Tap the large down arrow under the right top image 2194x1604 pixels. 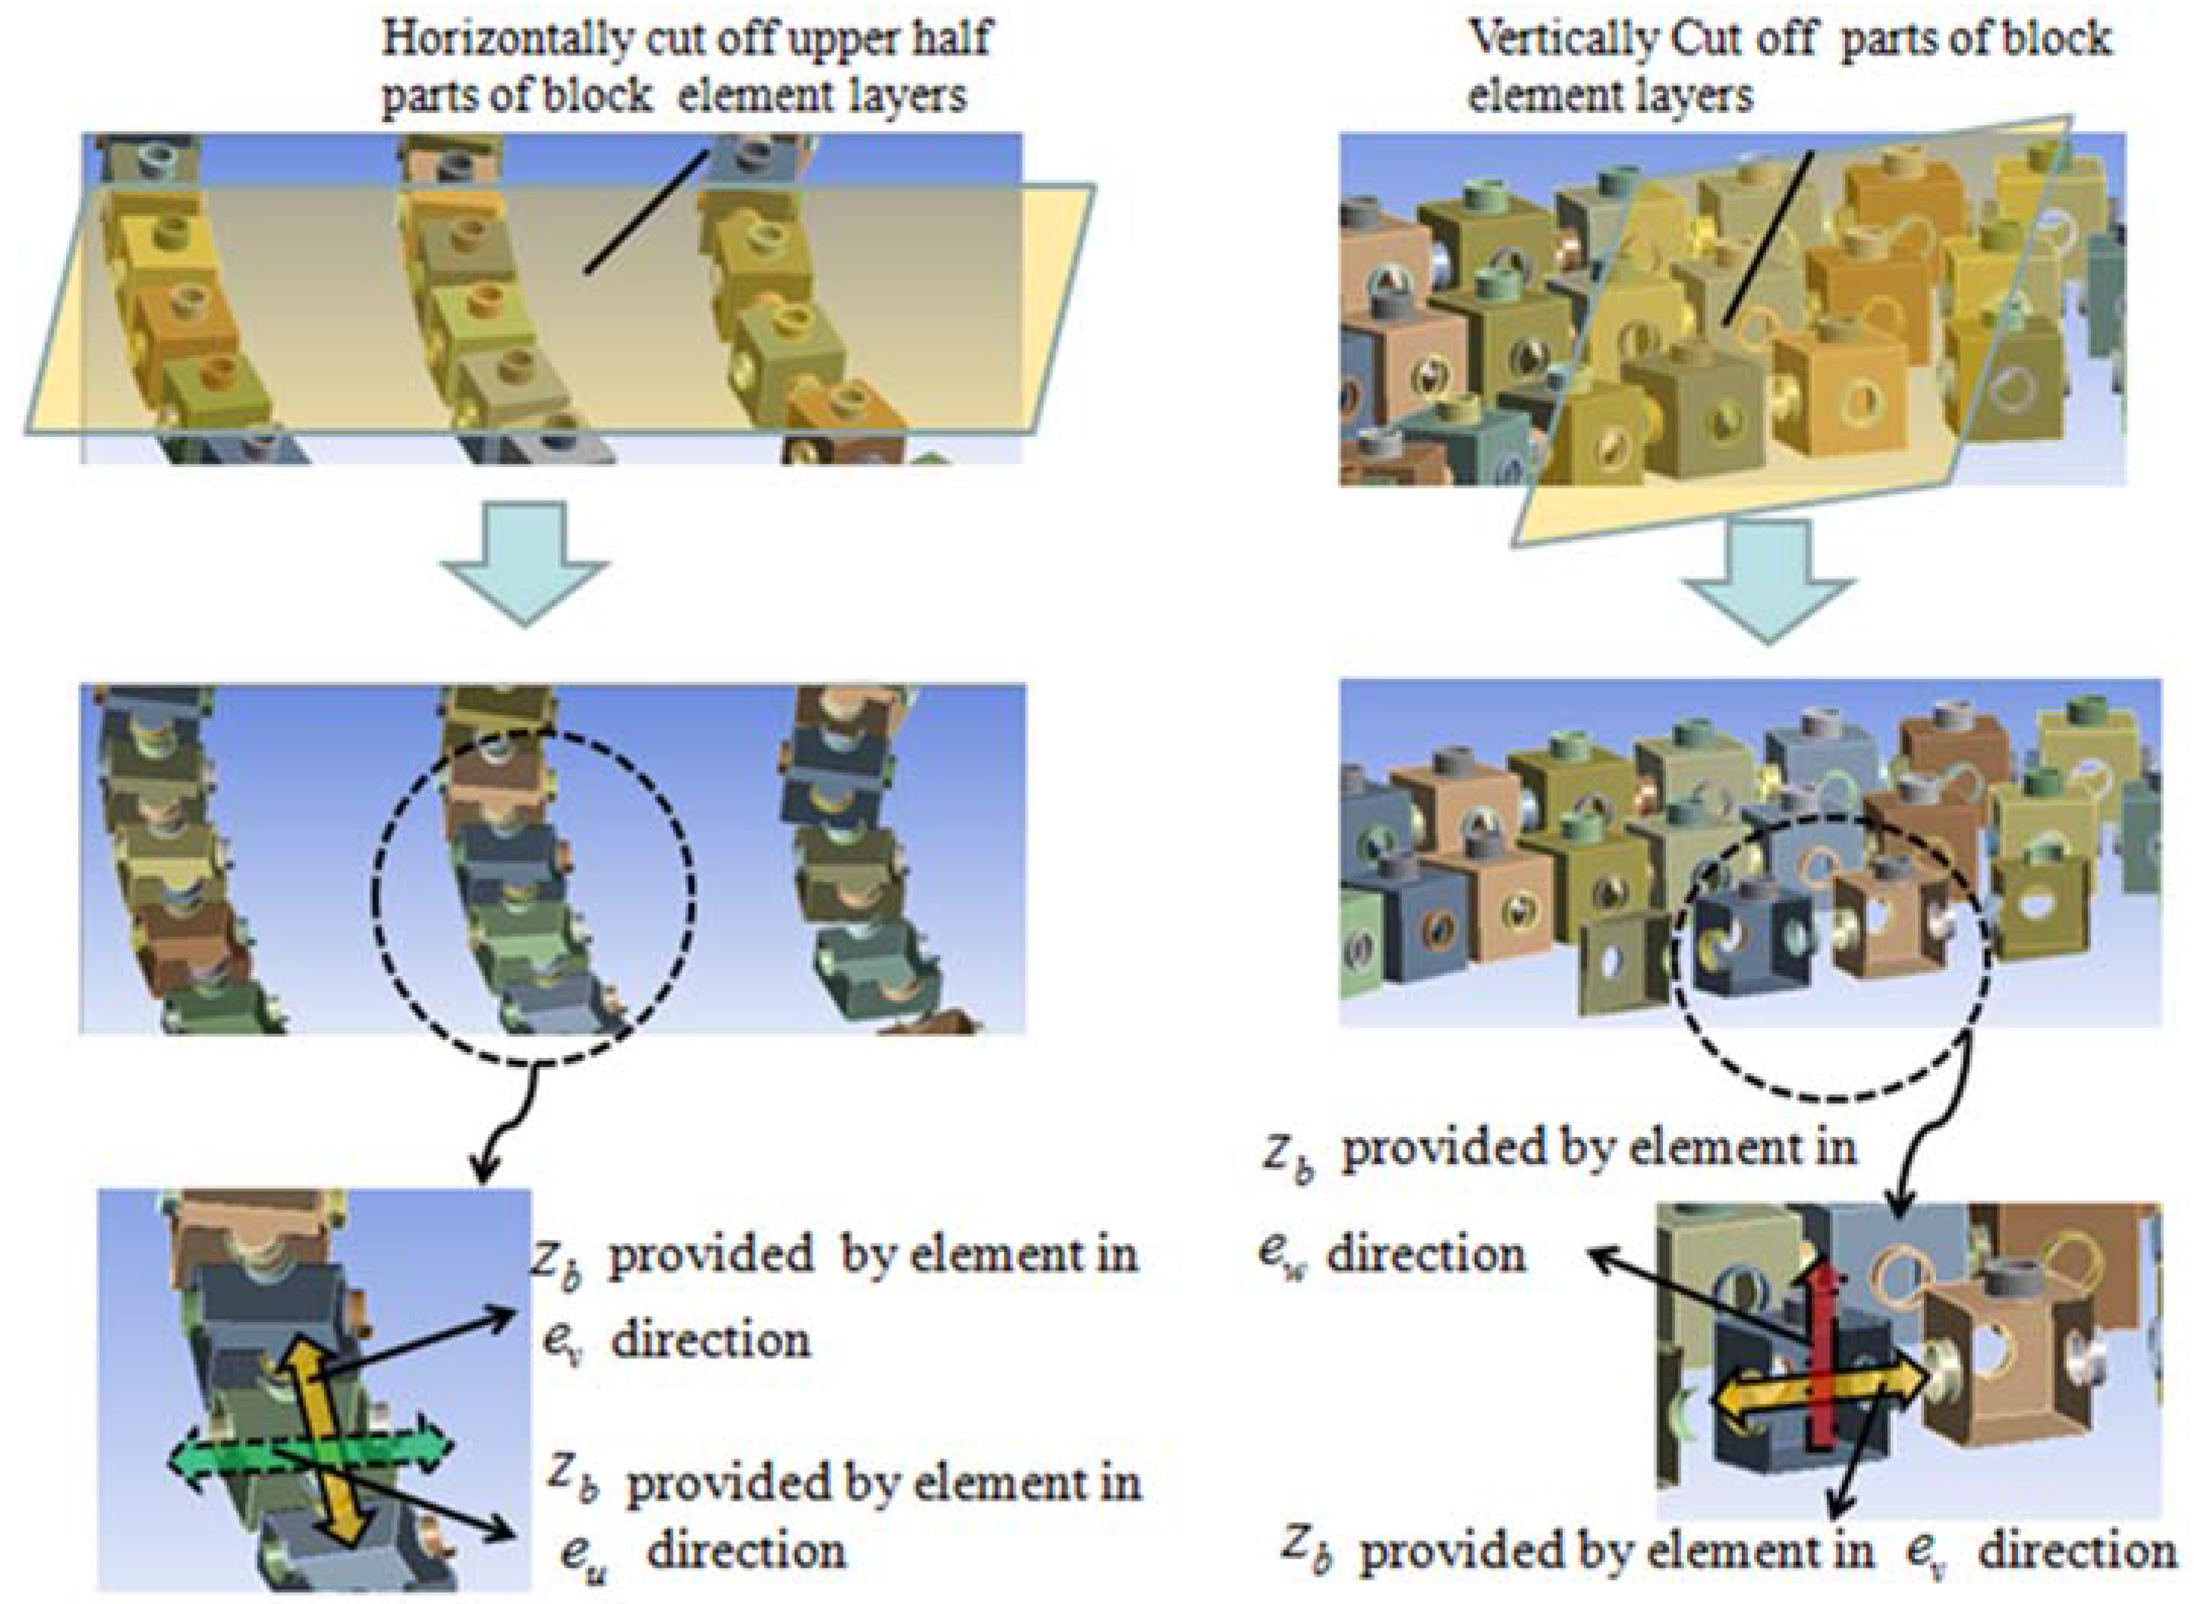pyautogui.click(x=1768, y=582)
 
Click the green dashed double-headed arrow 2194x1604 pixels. pyautogui.click(x=311, y=1456)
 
